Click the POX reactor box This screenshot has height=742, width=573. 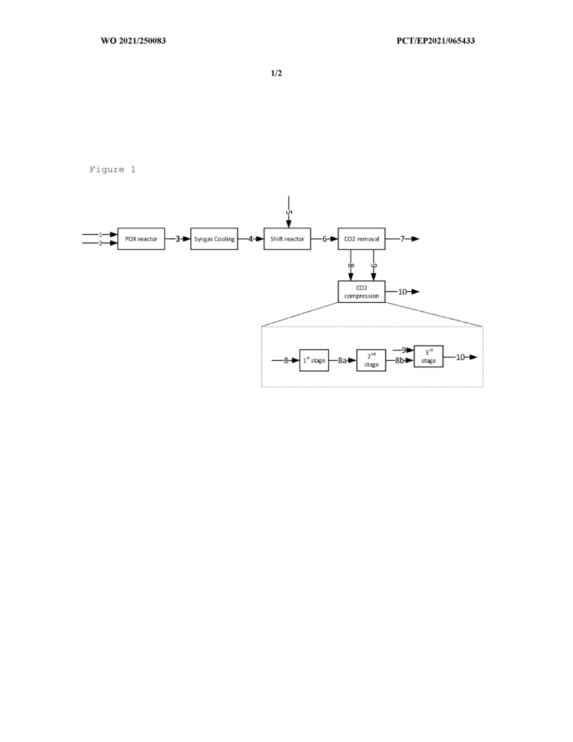[141, 239]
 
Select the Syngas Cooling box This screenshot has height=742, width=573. [214, 239]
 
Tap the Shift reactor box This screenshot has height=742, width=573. [287, 239]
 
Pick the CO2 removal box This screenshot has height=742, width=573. [361, 239]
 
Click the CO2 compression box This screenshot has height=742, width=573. [361, 291]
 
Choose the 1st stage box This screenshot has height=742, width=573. [314, 361]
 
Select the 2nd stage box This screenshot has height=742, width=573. [371, 361]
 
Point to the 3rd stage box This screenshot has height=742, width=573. [429, 357]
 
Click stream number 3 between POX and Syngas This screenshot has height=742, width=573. [177, 239]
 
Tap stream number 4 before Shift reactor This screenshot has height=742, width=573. [251, 239]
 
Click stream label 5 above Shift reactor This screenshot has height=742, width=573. [288, 212]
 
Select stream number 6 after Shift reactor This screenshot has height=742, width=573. [325, 239]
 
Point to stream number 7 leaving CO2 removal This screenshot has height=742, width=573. [403, 239]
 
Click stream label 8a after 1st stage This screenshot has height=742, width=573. [342, 361]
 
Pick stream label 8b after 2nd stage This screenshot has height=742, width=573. [400, 361]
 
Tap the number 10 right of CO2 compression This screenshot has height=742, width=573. [402, 291]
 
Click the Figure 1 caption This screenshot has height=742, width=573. [112, 170]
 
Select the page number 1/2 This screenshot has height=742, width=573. [276, 73]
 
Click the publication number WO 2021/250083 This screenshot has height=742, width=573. [133, 41]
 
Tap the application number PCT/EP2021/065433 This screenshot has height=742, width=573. [436, 41]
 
